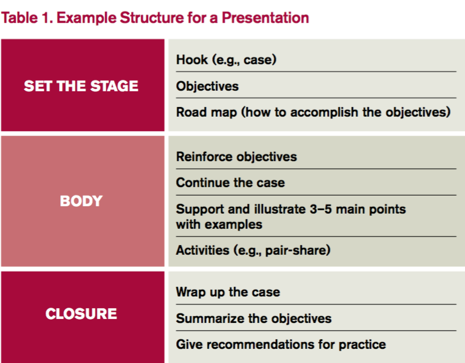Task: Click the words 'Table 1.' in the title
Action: point(27,18)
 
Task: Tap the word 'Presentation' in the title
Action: point(265,18)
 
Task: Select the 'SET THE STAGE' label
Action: point(81,86)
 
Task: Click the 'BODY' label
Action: point(81,201)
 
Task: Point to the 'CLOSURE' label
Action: point(81,314)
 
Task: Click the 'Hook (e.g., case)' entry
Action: point(226,60)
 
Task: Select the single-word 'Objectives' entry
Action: point(207,86)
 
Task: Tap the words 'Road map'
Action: point(207,112)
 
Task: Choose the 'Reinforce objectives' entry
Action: point(236,157)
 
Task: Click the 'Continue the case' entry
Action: point(230,183)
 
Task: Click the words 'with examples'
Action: point(219,224)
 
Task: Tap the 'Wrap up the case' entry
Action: point(228,292)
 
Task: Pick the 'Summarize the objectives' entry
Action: point(254,318)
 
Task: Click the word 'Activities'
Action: point(203,250)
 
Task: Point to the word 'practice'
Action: point(363,345)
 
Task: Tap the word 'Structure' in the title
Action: point(152,18)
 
